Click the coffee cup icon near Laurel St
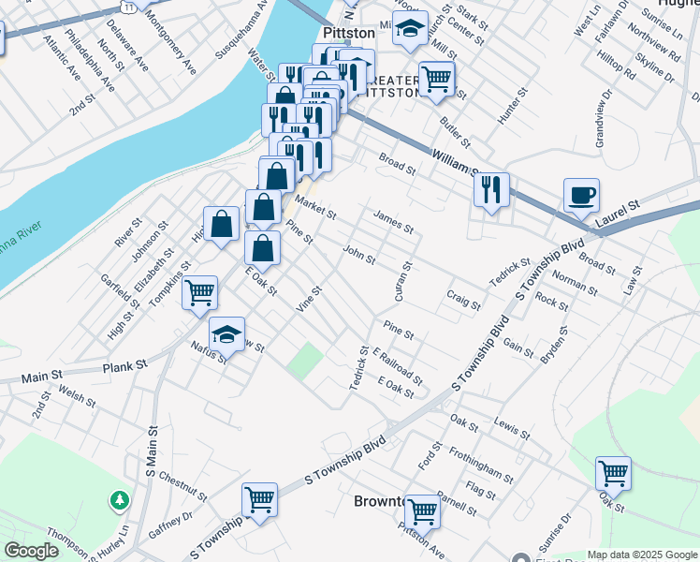tap(581, 195)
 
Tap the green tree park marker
tap(120, 500)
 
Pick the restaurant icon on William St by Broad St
tap(491, 190)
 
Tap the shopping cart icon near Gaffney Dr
tap(259, 499)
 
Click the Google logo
tap(31, 551)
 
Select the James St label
tap(393, 221)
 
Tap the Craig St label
tap(463, 299)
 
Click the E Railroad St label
tap(397, 366)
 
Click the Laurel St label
tap(620, 211)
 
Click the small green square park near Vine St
tap(304, 362)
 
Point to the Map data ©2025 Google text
tap(642, 554)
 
